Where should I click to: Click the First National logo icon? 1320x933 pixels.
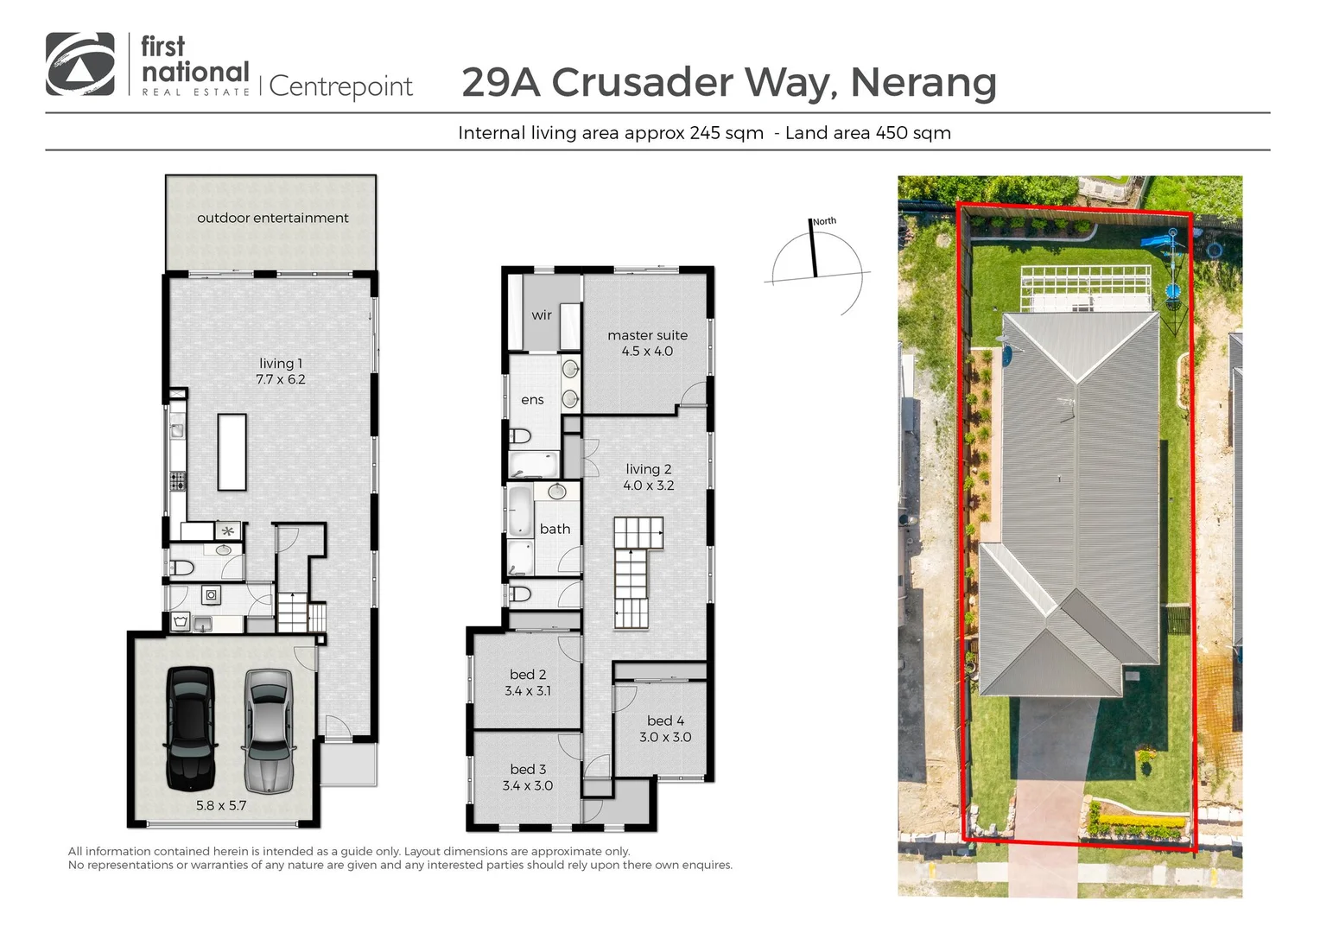79,64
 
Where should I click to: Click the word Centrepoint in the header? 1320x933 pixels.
341,86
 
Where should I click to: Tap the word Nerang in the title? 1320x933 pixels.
923,83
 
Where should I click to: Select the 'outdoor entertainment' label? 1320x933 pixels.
272,218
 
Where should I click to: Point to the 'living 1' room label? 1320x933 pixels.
281,364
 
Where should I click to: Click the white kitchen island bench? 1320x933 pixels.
232,452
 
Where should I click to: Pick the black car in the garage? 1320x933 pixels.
189,727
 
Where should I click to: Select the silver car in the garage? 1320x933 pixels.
268,730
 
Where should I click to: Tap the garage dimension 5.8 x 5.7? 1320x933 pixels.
221,805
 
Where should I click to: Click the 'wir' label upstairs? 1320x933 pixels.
542,315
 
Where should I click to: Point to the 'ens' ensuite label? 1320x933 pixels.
532,400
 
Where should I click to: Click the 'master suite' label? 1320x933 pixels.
647,335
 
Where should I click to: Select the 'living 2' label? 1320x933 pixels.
648,469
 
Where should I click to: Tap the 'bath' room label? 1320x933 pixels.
555,529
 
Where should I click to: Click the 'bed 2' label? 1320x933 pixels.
527,675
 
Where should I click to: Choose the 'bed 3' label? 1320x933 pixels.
527,769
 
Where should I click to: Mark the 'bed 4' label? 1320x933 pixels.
665,720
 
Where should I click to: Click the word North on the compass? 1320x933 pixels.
824,221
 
